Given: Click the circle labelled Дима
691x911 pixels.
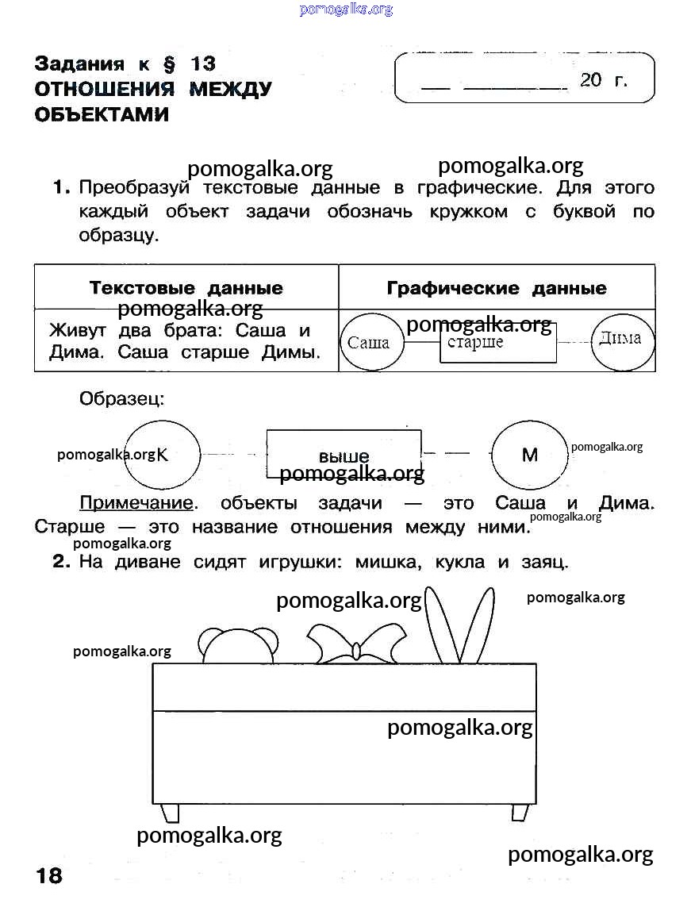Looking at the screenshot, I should coord(621,340).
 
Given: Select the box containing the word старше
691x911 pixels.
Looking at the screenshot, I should coord(498,344).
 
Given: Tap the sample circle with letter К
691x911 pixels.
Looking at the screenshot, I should coord(163,454).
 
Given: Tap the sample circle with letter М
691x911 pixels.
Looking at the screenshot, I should coord(529,455).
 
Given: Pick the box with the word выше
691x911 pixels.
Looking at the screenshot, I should coord(344,454).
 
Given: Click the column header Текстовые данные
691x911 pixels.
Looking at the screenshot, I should coord(186,287).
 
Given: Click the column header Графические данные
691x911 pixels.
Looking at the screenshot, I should coord(497,287).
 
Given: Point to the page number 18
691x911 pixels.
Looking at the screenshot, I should coord(48,875).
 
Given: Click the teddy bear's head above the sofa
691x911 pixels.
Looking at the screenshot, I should coord(237,646).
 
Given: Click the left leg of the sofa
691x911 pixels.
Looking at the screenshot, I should coord(169,813).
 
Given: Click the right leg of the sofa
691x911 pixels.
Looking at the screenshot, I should coord(520,813).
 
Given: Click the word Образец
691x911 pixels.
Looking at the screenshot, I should coord(121,399).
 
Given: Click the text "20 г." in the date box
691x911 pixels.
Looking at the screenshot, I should coord(603,79).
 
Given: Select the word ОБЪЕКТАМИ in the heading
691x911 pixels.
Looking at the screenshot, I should coord(102,114).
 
